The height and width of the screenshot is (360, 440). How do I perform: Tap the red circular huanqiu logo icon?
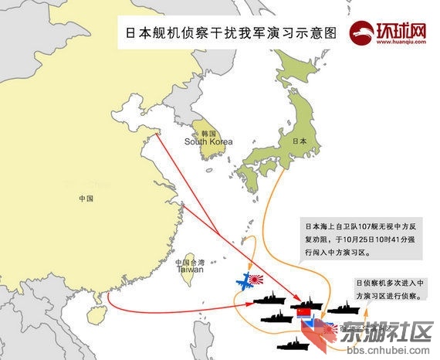tap(360, 32)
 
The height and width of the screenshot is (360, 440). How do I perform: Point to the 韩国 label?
tap(207, 133)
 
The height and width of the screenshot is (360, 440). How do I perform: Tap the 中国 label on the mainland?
tap(86, 199)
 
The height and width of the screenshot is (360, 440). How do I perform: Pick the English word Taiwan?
tap(191, 270)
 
